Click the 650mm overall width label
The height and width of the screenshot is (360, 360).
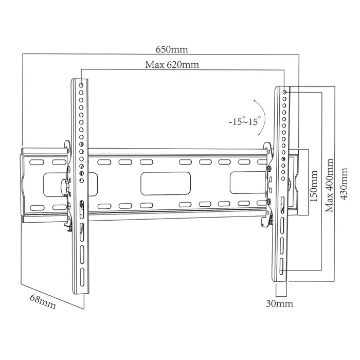(172, 50)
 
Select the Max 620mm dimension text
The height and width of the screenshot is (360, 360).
(172, 65)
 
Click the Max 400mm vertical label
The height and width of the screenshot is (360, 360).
(329, 185)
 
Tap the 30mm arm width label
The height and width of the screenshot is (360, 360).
(280, 303)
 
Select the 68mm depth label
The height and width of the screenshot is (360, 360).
(42, 301)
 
